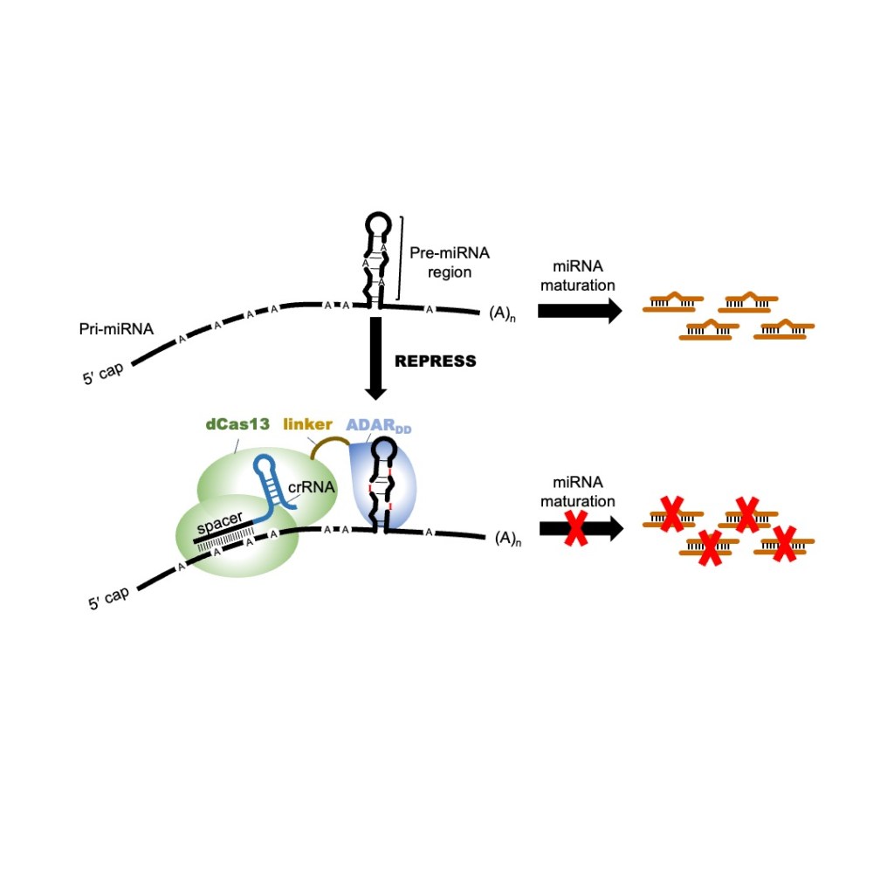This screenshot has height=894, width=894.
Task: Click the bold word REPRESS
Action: tap(436, 361)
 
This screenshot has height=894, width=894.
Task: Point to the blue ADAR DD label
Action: tap(376, 426)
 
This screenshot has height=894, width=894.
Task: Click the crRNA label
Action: tap(313, 487)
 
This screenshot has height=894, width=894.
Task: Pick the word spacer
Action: tap(220, 526)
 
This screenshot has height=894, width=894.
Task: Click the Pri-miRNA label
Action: tap(114, 329)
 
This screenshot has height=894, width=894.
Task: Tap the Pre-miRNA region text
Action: tap(449, 262)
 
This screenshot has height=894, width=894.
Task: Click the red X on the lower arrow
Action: tap(575, 528)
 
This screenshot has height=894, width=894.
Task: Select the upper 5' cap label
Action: tap(104, 376)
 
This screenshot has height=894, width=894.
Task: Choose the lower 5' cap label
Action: tap(109, 597)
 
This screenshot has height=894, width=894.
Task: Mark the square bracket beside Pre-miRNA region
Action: tap(401, 258)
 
